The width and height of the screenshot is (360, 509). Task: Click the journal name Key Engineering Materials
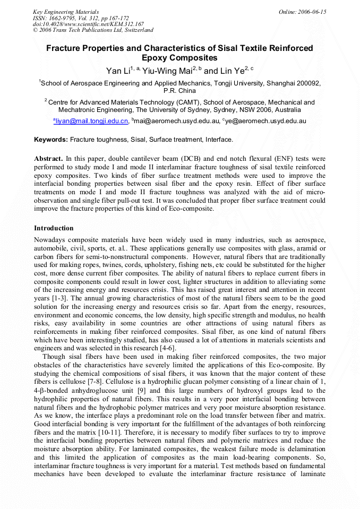[66, 11]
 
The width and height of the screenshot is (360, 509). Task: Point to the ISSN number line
[81, 18]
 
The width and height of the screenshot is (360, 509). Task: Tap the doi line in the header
[88, 24]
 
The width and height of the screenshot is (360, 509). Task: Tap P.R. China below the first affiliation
[180, 91]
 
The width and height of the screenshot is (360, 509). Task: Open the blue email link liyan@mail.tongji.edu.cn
[91, 122]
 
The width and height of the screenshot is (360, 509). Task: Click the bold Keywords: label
[51, 140]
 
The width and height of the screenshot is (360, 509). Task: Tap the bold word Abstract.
[48, 159]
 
